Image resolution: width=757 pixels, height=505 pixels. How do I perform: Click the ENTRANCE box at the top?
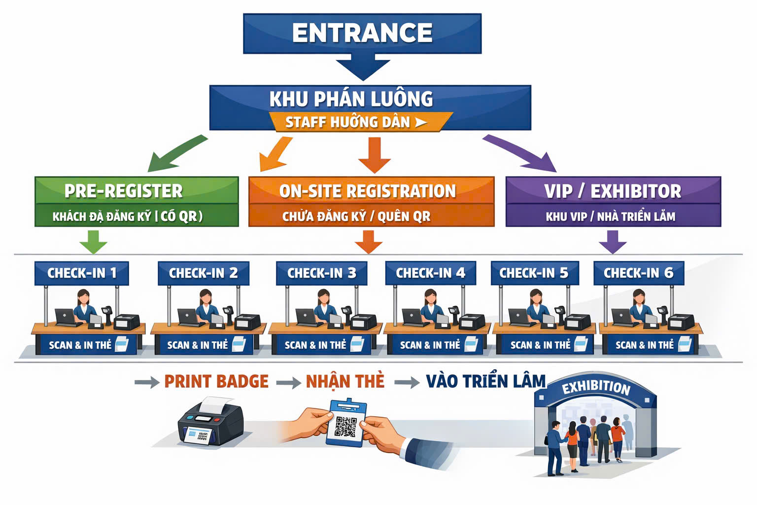(x=362, y=33)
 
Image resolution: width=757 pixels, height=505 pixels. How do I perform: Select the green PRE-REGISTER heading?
(x=124, y=191)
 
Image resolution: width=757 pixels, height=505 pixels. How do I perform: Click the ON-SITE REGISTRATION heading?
(x=368, y=191)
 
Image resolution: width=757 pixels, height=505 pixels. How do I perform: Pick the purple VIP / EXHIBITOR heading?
(x=613, y=191)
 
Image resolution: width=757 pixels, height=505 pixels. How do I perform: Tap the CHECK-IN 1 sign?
(x=82, y=273)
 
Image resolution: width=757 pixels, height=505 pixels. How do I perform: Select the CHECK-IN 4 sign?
(x=430, y=273)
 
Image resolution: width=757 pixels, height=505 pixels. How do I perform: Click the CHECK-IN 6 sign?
(x=638, y=273)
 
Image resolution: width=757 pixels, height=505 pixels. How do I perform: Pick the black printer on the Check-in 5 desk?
(x=577, y=323)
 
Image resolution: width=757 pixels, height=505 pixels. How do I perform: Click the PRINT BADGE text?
(x=216, y=381)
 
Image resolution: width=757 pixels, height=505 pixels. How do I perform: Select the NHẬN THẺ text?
(x=345, y=381)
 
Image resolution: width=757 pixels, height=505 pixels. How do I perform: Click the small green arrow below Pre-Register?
(x=93, y=242)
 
